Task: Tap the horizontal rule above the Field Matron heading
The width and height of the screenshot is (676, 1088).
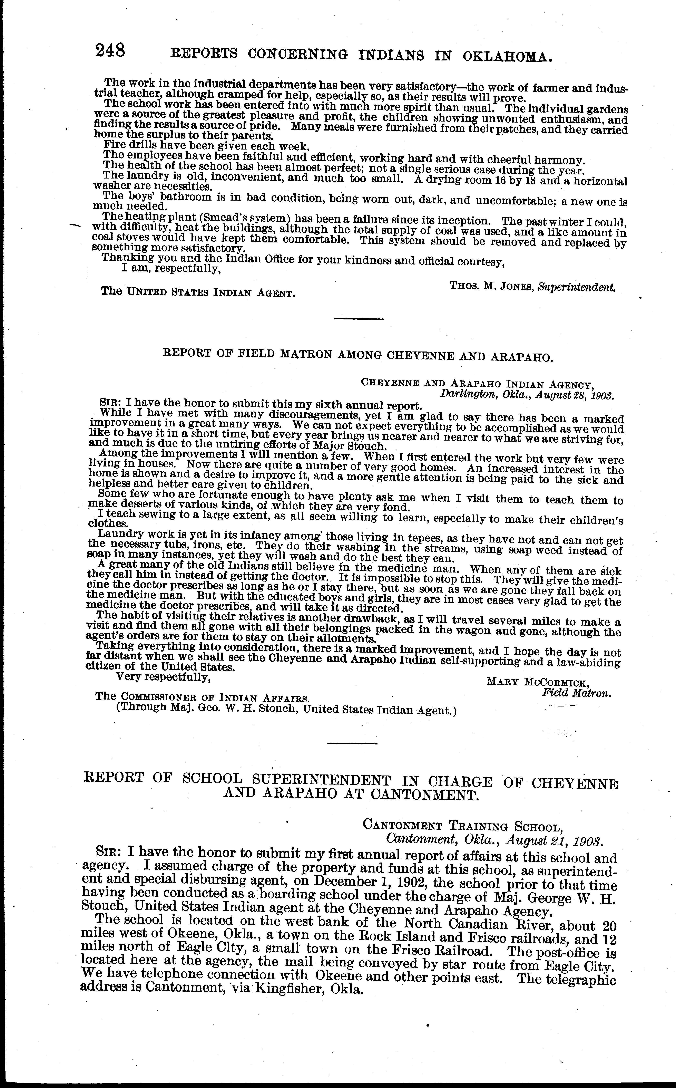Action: (x=359, y=319)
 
